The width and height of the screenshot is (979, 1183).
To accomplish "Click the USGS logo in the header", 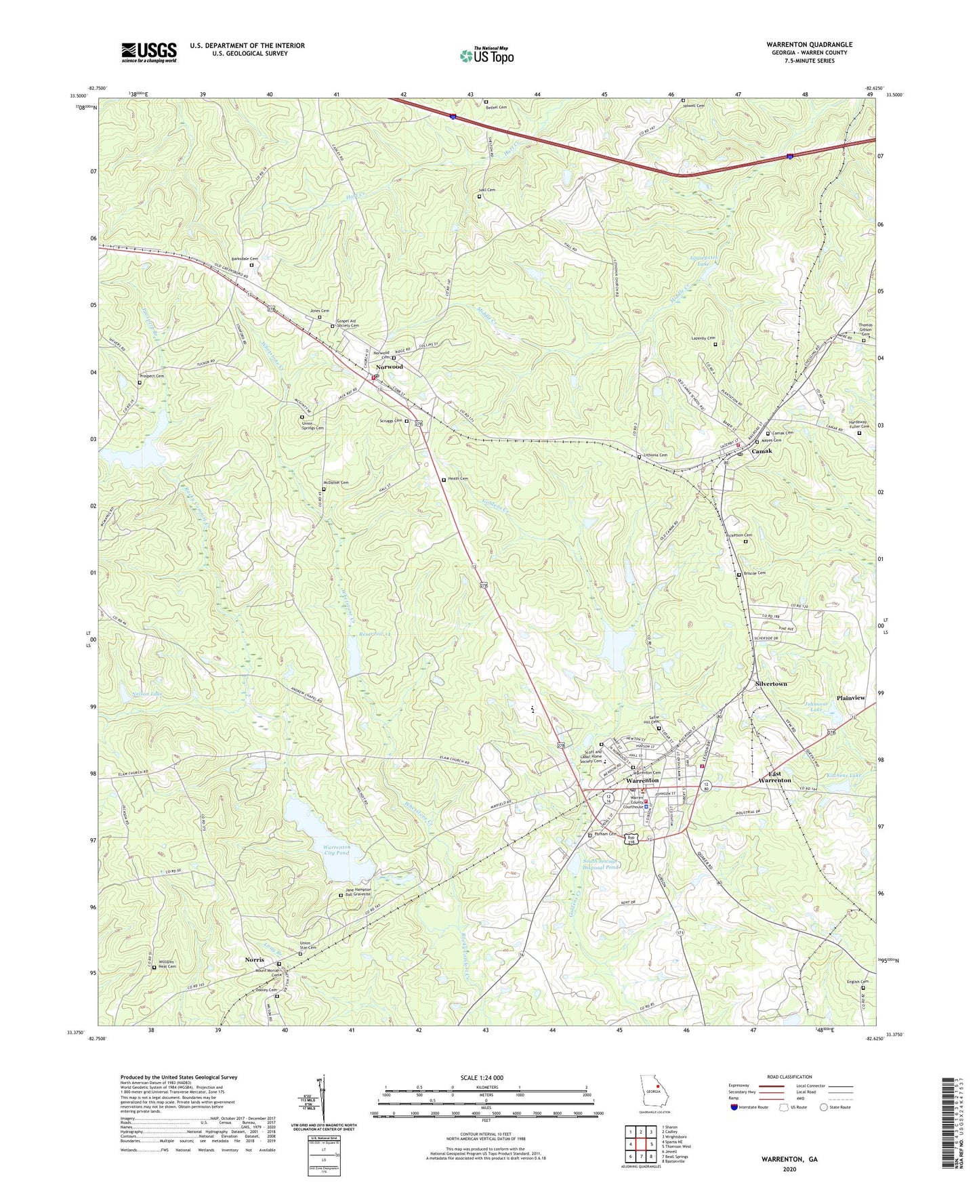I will coord(149,52).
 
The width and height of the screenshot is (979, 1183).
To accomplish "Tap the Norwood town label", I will coord(390,367).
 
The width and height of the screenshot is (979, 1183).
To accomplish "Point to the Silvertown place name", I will coord(771,684).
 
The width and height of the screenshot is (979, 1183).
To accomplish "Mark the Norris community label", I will coord(255,960).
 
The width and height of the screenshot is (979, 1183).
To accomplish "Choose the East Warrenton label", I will coord(774,777).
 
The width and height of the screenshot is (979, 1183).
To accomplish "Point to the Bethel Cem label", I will coord(497,107).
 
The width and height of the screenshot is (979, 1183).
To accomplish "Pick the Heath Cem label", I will coord(458,479).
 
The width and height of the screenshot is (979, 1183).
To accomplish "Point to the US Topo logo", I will coord(486,56).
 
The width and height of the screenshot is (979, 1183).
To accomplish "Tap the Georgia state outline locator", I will coord(653,1092).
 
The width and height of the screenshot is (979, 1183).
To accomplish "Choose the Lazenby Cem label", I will coord(703,337).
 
